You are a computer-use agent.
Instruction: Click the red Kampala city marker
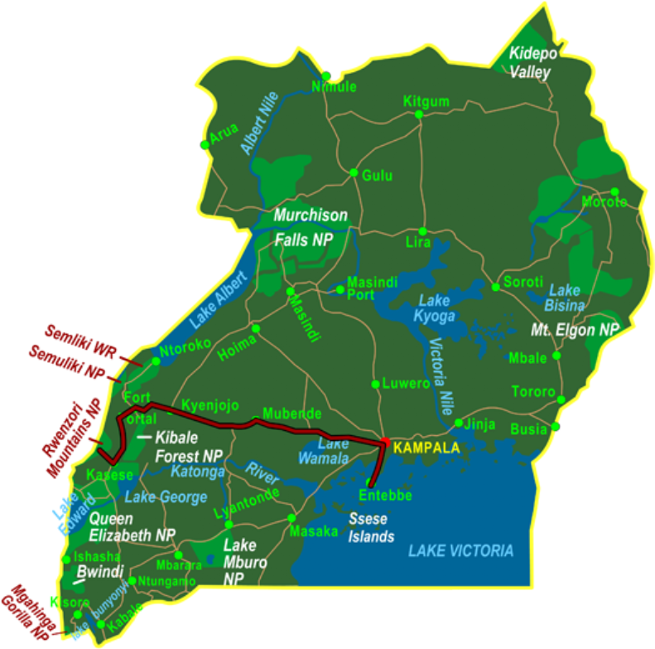click(x=385, y=441)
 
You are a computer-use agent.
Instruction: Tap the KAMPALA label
click(x=425, y=448)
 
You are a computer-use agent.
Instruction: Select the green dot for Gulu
click(x=354, y=173)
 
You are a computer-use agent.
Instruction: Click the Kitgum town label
click(x=426, y=102)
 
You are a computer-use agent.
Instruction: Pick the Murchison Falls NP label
click(x=311, y=228)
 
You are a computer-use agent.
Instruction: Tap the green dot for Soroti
click(x=496, y=287)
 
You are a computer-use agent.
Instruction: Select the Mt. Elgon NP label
click(x=575, y=330)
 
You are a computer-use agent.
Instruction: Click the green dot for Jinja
click(x=459, y=423)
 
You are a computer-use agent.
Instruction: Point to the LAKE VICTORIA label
click(x=460, y=550)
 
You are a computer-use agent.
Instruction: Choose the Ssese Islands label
click(x=372, y=528)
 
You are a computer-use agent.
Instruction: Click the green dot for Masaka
click(x=291, y=517)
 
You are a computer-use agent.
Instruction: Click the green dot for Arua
click(x=205, y=144)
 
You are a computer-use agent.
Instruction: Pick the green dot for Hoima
click(x=256, y=329)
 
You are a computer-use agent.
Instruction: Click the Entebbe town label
click(x=385, y=496)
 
